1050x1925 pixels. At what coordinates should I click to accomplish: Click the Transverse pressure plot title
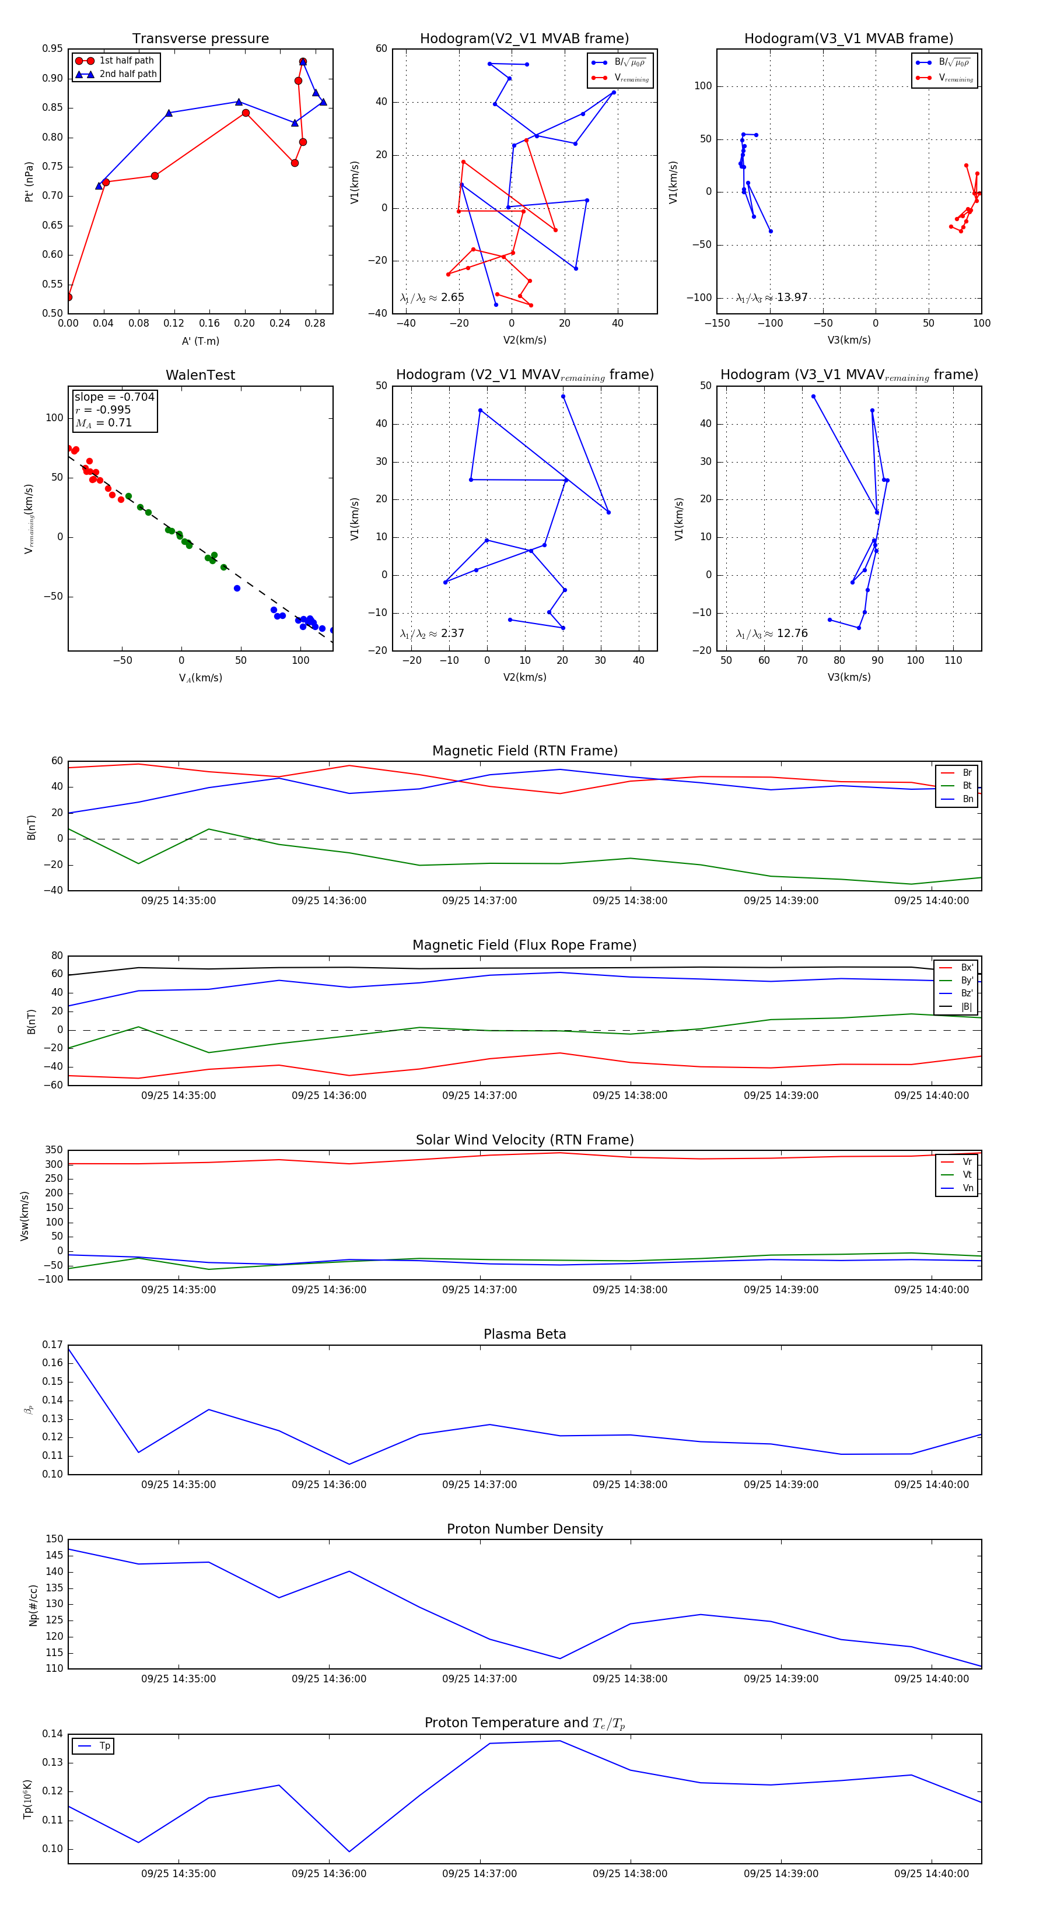click(x=200, y=39)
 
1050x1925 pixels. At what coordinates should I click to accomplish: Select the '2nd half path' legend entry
click(x=128, y=74)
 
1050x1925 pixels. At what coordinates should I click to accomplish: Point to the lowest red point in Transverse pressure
click(x=69, y=297)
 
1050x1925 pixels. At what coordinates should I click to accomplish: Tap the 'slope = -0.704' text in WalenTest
click(x=114, y=397)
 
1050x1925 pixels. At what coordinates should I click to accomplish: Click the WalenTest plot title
click(x=200, y=375)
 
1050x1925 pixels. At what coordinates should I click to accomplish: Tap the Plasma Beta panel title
click(x=524, y=1334)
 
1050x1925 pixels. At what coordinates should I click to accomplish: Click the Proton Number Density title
click(x=524, y=1529)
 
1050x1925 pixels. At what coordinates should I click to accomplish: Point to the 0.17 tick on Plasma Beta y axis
click(x=52, y=1345)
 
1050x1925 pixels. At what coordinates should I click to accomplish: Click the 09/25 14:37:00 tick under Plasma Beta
click(x=479, y=1484)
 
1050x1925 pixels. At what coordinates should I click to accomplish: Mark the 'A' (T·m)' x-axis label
click(x=200, y=341)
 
